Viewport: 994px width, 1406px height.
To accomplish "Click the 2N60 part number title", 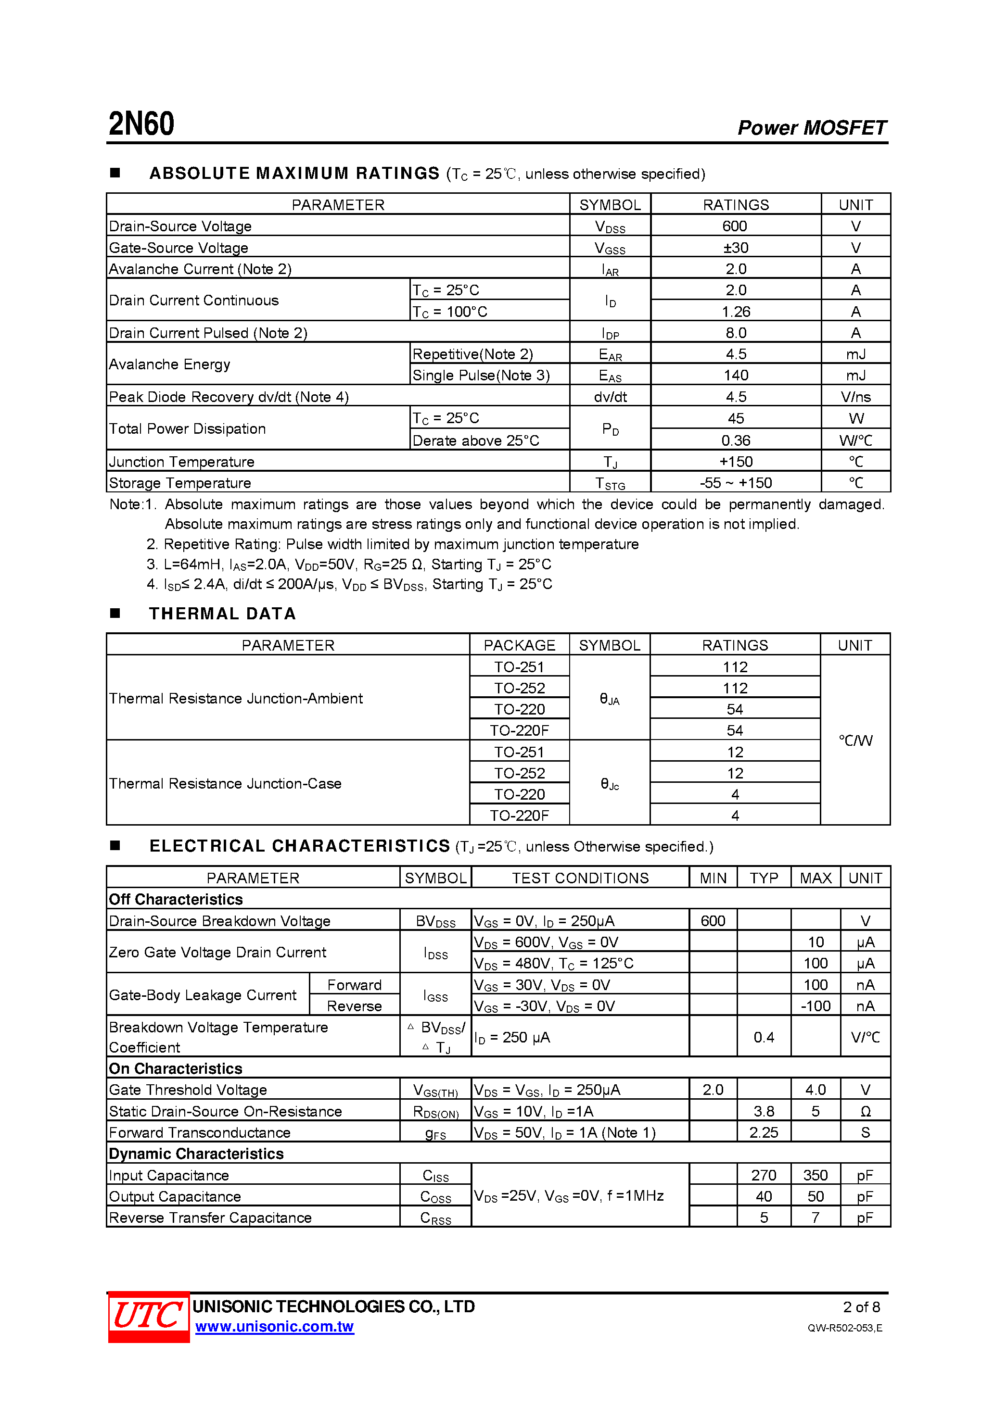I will tap(141, 124).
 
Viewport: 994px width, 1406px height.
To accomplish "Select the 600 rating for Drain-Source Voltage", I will tap(734, 226).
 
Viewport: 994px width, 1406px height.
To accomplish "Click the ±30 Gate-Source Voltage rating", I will tap(735, 248).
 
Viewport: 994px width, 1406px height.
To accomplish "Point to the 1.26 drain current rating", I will tap(735, 312).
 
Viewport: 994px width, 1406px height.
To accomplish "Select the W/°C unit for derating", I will tap(855, 440).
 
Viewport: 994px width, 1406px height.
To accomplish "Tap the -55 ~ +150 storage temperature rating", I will tap(735, 483).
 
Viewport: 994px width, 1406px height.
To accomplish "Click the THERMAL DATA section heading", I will tap(222, 614).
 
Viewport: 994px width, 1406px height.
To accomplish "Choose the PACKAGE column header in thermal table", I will tap(519, 645).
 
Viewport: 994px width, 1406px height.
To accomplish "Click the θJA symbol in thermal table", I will tap(609, 699).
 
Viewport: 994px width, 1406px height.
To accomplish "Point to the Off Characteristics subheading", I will tap(176, 899).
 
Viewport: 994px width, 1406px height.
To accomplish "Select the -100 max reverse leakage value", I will tap(815, 1005).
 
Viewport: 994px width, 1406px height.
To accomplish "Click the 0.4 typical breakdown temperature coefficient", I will tap(764, 1037).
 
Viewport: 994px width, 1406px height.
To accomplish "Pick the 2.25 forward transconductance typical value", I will tap(764, 1132).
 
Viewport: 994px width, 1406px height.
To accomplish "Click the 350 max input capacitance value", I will tap(815, 1175).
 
